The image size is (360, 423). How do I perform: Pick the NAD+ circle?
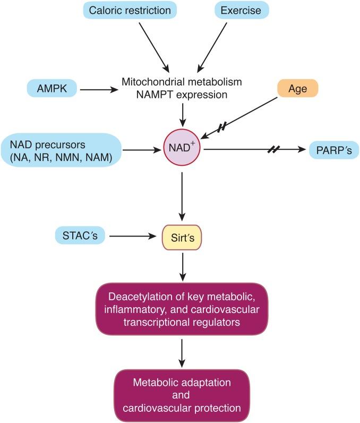pos(183,150)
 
